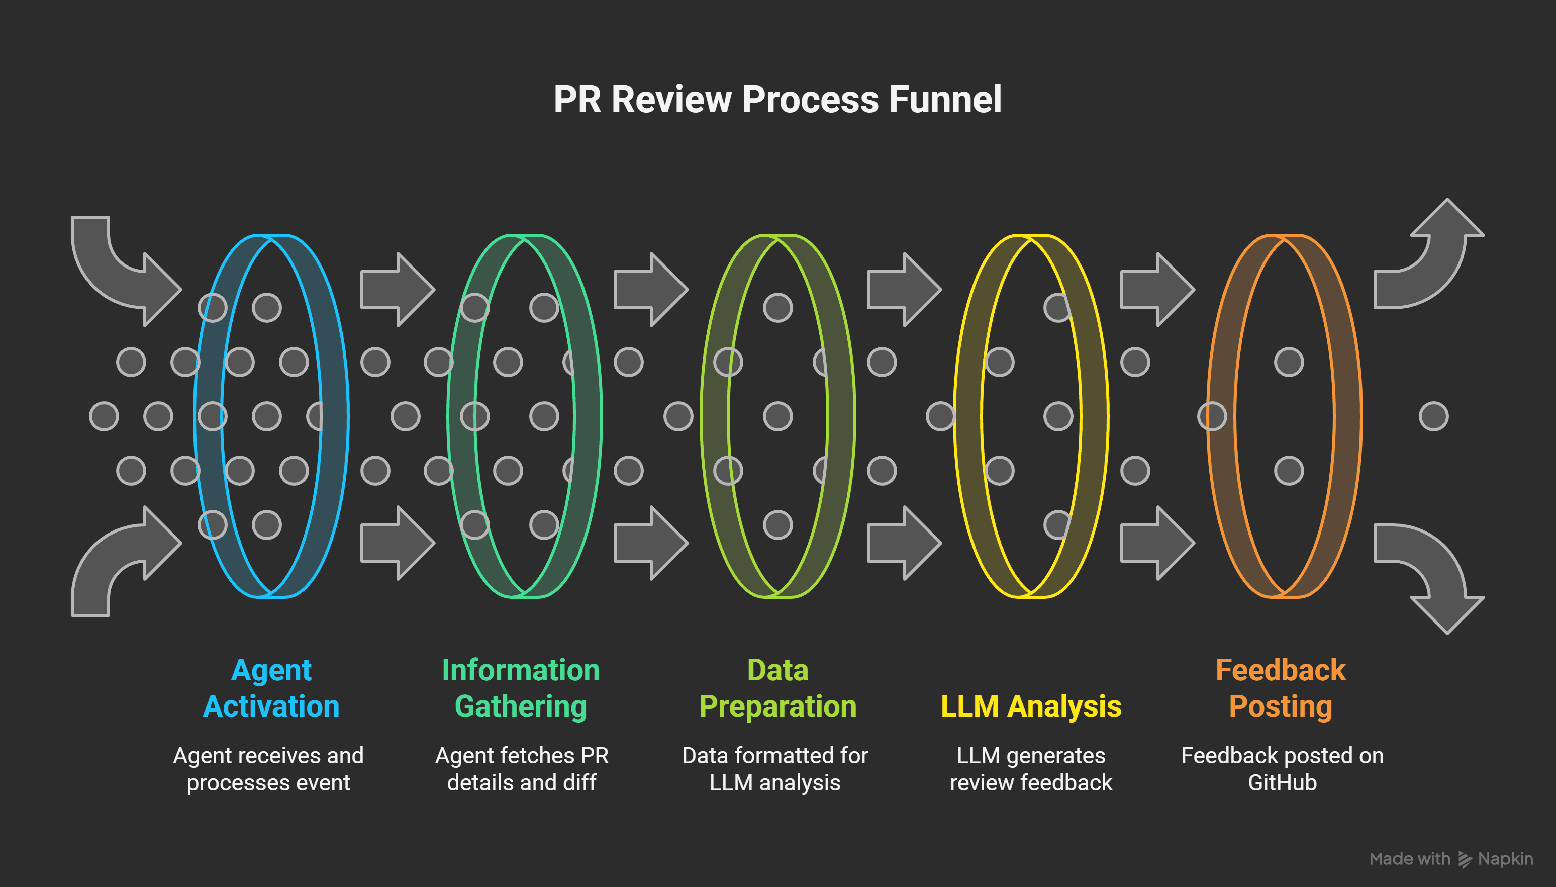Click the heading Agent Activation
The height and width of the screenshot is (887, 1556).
(x=271, y=688)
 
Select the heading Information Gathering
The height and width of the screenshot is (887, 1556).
(x=521, y=688)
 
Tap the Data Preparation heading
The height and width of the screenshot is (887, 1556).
(x=777, y=688)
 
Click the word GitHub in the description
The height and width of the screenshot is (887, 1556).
(x=1282, y=783)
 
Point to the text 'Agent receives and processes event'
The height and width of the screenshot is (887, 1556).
(x=268, y=769)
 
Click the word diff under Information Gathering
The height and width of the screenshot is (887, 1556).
(x=579, y=783)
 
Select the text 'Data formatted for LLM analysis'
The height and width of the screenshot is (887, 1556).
(x=774, y=769)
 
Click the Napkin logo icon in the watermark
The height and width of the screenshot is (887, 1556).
(x=1464, y=859)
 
